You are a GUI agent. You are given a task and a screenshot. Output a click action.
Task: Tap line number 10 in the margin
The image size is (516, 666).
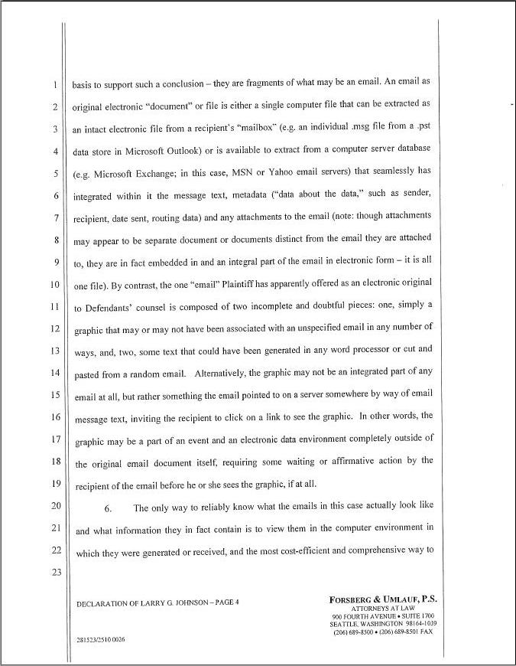(54, 285)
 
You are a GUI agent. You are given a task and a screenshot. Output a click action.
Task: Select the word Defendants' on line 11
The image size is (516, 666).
(109, 307)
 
